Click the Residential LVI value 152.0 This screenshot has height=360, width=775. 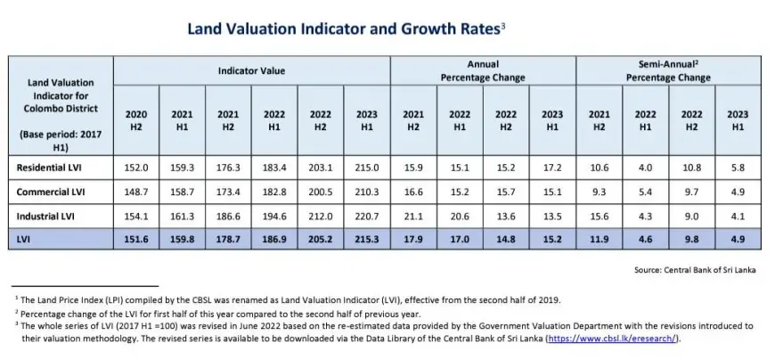click(x=136, y=167)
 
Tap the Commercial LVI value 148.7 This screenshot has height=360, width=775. click(x=136, y=192)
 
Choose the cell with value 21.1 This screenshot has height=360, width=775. click(x=413, y=216)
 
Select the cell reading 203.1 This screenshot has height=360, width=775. click(x=321, y=167)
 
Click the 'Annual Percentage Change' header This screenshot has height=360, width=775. click(x=483, y=70)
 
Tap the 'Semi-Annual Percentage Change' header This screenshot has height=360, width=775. click(x=667, y=70)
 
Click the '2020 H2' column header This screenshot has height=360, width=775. click(x=136, y=121)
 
